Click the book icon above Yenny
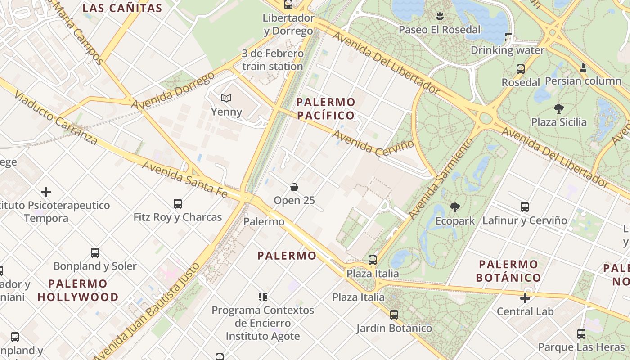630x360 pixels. click(226, 98)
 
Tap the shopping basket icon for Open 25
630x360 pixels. click(294, 187)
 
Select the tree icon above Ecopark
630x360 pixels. click(455, 207)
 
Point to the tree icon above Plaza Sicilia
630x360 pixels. click(559, 108)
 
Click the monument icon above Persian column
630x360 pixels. click(583, 68)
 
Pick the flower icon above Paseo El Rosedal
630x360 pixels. click(440, 16)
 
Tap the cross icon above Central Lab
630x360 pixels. click(525, 298)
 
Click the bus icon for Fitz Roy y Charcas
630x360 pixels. click(178, 204)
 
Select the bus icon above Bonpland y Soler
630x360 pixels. click(95, 252)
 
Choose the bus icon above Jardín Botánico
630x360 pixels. click(394, 315)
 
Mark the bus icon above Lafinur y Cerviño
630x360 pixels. click(525, 207)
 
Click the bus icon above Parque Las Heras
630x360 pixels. click(581, 334)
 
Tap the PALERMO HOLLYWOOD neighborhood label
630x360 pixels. click(78, 290)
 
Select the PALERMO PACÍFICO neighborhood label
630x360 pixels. click(326, 108)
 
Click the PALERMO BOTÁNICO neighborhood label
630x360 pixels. click(508, 270)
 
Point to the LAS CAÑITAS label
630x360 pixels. click(122, 8)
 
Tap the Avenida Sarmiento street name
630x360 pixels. click(441, 179)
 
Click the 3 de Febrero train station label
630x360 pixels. click(273, 60)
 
